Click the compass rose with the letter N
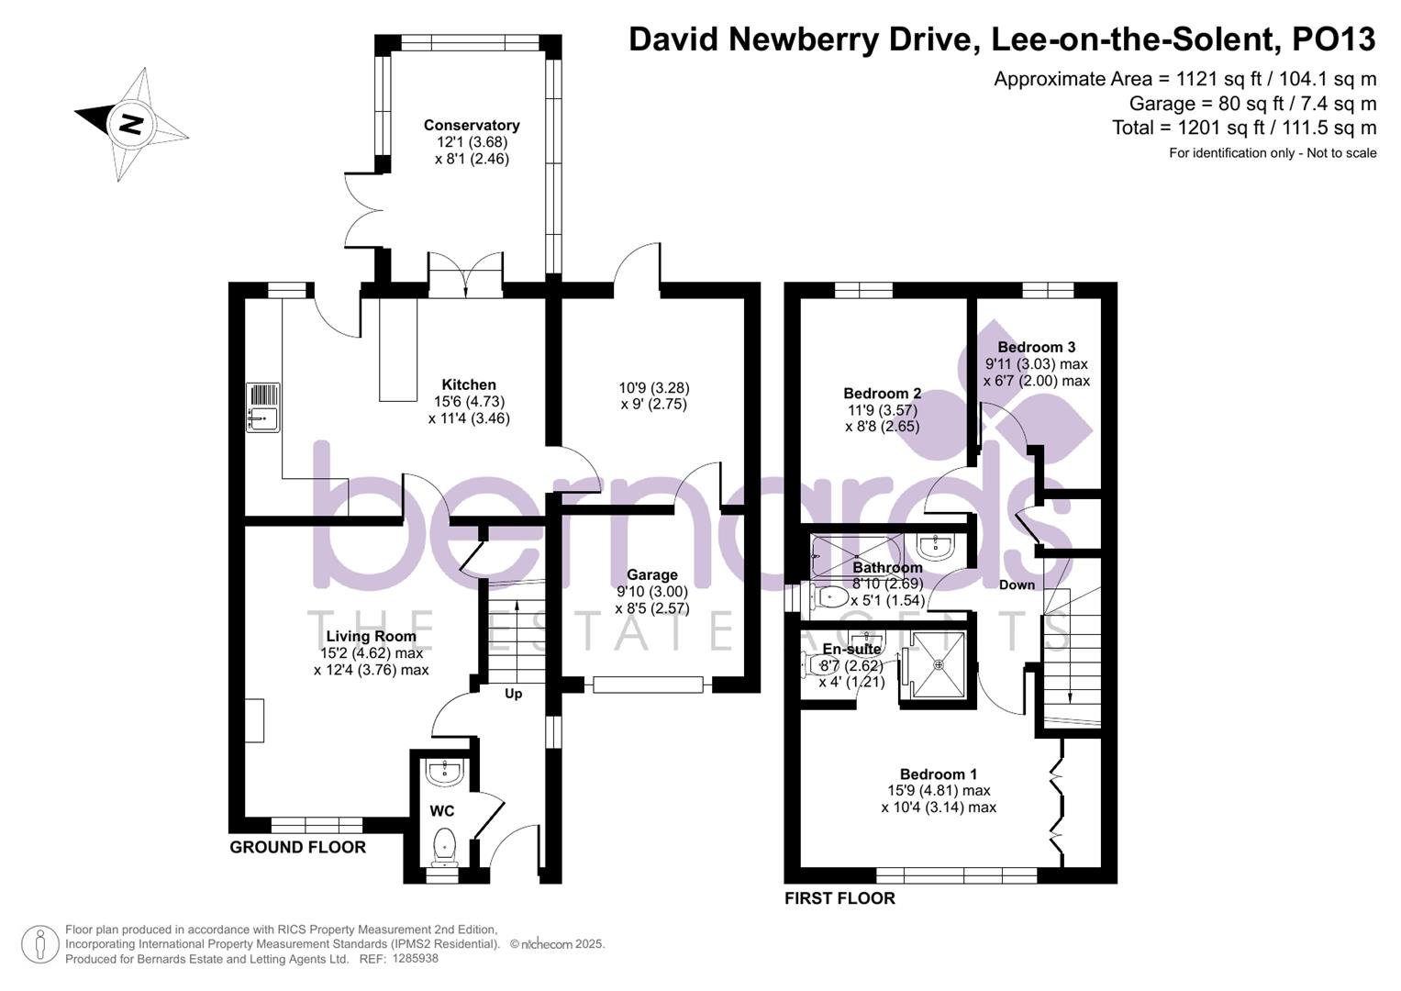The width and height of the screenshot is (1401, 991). point(131,124)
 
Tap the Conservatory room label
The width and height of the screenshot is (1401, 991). point(472,126)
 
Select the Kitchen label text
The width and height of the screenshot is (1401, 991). point(469,385)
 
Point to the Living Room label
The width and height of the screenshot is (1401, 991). point(371,637)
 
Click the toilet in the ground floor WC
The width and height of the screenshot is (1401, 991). point(444,845)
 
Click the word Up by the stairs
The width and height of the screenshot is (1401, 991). point(513,694)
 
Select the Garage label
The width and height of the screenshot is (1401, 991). point(651,575)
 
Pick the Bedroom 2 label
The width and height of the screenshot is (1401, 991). point(882,394)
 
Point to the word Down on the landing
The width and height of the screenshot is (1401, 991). point(1017,585)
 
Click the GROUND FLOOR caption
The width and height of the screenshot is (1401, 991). point(297,848)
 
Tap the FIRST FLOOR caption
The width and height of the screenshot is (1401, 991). point(839,899)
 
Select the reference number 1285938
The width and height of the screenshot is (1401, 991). point(415,959)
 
